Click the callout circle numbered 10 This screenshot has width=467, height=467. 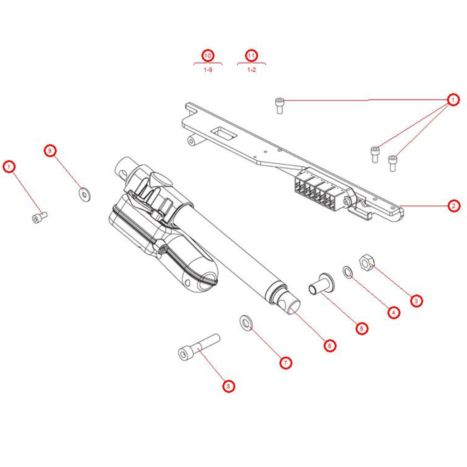(208, 56)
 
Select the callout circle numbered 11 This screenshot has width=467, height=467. (252, 56)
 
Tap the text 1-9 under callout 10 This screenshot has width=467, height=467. (208, 70)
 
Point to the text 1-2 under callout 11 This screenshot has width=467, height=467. (252, 70)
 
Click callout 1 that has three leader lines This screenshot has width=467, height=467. (452, 99)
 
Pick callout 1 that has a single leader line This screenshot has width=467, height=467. (9, 166)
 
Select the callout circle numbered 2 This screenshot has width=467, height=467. (453, 205)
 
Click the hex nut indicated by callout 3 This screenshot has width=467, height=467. (366, 263)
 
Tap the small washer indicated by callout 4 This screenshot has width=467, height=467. (347, 271)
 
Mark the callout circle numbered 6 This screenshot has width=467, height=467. (330, 345)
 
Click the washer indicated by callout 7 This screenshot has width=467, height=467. (245, 322)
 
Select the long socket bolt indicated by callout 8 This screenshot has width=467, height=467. (198, 347)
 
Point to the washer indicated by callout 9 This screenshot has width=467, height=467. (85, 194)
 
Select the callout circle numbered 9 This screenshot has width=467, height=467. (50, 151)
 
